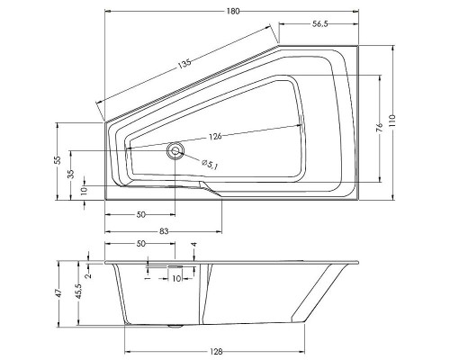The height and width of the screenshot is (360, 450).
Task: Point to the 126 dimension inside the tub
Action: click(214, 137)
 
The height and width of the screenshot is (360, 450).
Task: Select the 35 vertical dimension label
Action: click(73, 174)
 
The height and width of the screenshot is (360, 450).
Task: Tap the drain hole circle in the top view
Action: click(175, 150)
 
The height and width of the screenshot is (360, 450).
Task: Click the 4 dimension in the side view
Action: click(194, 245)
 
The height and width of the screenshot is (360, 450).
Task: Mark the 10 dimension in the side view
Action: click(176, 279)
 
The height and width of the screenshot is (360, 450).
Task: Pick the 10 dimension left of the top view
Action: click(84, 191)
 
